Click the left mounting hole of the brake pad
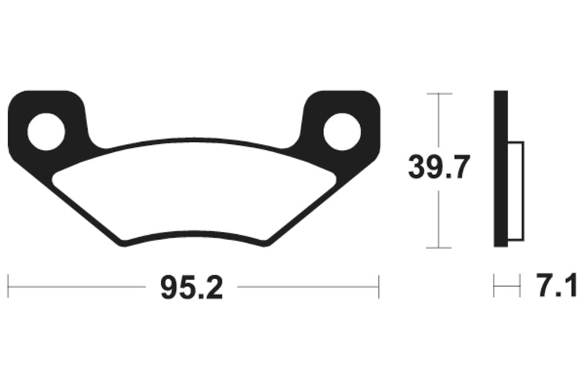[46, 132]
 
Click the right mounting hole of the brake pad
[341, 132]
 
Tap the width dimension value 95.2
[192, 288]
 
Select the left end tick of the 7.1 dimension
[494, 286]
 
